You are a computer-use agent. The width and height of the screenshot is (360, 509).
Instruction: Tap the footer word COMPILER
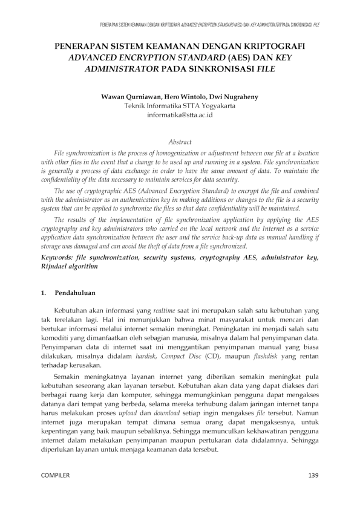[55, 475]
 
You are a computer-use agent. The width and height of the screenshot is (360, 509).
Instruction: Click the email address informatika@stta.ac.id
[180, 114]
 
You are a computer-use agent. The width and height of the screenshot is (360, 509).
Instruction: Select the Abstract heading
[180, 141]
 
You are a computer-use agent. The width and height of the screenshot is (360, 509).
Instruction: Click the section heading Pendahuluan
[76, 293]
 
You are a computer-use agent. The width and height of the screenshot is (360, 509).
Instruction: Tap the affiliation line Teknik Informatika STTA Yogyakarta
[180, 106]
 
